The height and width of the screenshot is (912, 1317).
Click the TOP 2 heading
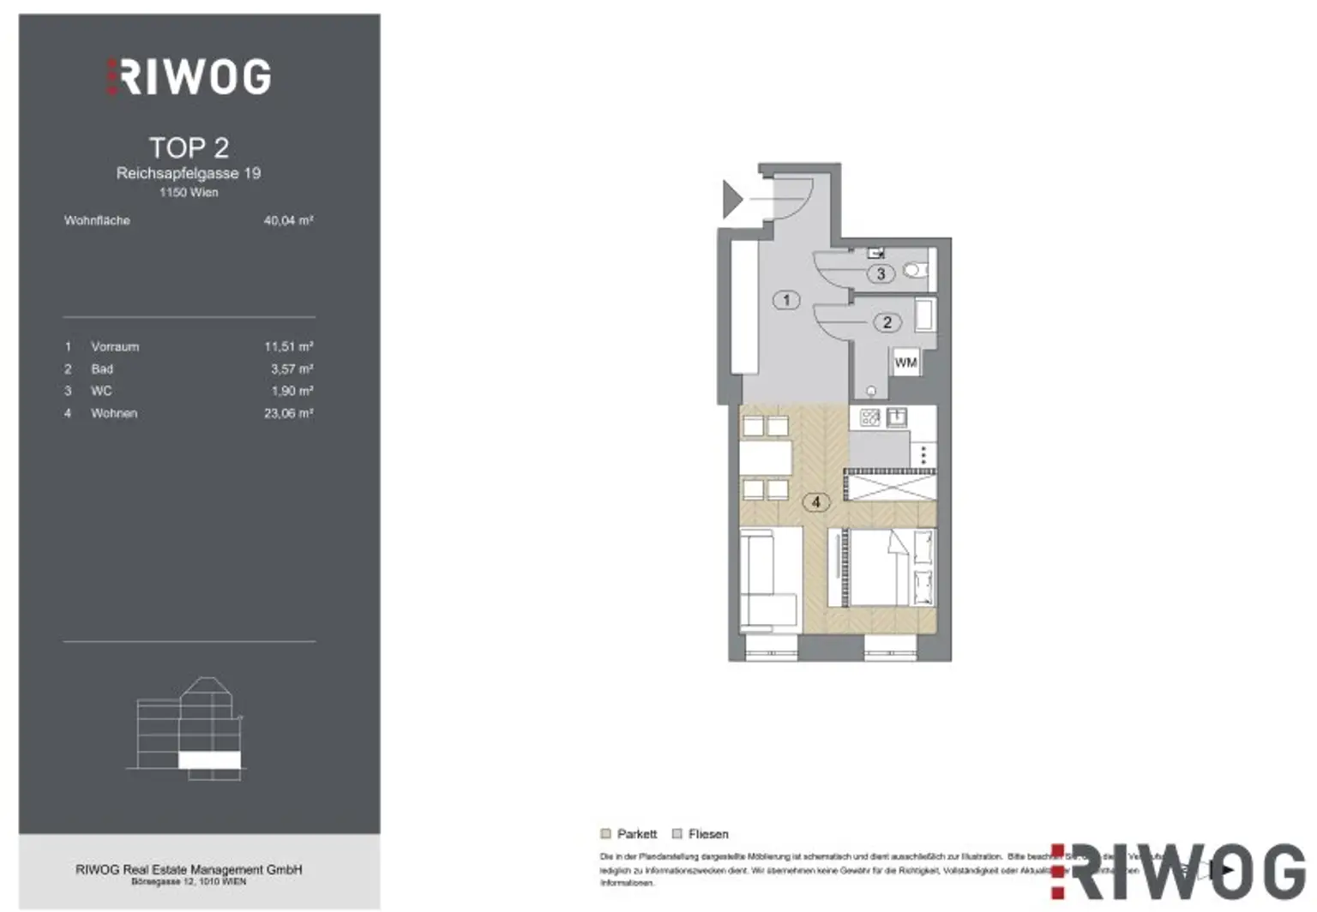coord(189,147)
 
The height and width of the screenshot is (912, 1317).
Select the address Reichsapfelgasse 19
coord(189,173)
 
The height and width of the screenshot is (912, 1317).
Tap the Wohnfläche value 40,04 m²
coord(288,220)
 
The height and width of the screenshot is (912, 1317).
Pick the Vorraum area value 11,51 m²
coord(288,346)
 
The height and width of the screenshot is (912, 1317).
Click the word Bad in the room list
coord(102,369)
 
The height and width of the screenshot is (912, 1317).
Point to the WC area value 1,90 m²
coord(292,391)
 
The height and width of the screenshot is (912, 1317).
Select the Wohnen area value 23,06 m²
coord(288,413)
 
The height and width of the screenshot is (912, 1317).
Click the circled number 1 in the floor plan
coord(786,300)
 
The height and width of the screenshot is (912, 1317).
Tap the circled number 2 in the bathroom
coord(887,322)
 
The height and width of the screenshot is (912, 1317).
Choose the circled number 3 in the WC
coord(881,274)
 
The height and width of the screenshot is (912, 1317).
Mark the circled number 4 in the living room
coord(815,502)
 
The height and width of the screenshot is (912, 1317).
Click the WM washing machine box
coord(905,363)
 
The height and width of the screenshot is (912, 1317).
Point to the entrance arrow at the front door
coord(731,199)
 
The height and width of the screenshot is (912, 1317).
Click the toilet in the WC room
coord(916,271)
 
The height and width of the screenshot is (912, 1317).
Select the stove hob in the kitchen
coord(869,418)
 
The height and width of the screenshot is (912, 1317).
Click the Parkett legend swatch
coord(606,834)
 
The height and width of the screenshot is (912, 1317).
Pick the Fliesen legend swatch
coord(677,834)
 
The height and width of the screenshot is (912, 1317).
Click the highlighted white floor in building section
coord(209,759)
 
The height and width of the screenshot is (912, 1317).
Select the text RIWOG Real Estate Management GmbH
coord(189,869)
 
